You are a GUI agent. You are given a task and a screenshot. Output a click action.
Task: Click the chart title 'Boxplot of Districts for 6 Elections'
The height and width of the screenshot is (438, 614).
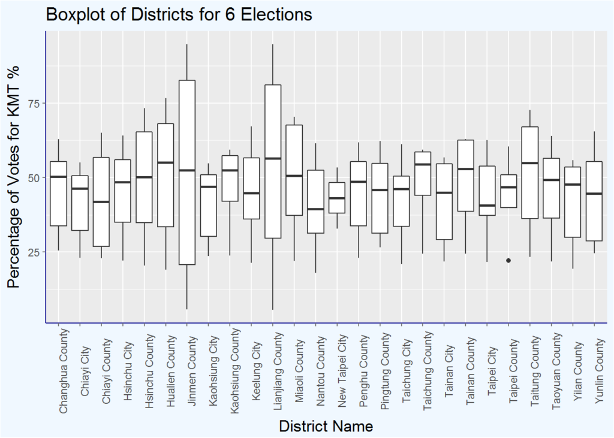coord(179,14)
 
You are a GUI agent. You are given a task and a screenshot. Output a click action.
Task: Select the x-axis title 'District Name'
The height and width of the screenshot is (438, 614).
coord(326,427)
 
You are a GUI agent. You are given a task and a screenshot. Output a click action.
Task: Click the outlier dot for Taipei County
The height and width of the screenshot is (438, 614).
coord(508,260)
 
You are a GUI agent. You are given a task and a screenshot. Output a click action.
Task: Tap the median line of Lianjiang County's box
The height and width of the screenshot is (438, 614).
coord(273,158)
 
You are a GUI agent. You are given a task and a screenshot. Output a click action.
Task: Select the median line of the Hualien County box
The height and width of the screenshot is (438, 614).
coord(165,162)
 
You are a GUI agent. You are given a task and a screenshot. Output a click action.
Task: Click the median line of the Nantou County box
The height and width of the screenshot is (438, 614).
coord(316,209)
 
